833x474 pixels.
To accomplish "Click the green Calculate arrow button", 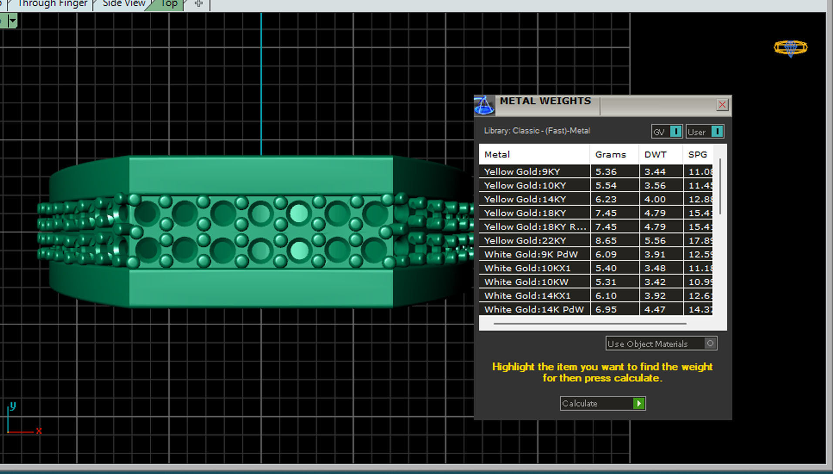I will [639, 403].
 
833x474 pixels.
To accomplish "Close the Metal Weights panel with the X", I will [722, 105].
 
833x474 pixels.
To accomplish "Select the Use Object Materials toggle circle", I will [710, 343].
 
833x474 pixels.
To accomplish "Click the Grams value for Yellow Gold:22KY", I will [606, 240].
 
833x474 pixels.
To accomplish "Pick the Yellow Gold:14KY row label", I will [525, 199].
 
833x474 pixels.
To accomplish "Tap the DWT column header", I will [655, 155].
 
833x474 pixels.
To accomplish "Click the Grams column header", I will [610, 155].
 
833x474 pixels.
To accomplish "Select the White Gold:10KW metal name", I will [526, 282].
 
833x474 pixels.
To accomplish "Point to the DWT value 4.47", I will [655, 309].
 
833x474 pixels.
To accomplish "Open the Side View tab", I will [124, 4].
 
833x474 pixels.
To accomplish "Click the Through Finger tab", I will [52, 4].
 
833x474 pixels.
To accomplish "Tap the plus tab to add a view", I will [199, 4].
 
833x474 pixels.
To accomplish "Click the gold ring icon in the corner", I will [790, 47].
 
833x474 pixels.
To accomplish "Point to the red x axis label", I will [39, 431].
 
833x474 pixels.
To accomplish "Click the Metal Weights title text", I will [545, 101].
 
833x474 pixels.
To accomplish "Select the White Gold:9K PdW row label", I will [531, 254].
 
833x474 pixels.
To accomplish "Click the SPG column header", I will [697, 155].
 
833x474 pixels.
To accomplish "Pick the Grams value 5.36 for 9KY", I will [606, 172].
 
